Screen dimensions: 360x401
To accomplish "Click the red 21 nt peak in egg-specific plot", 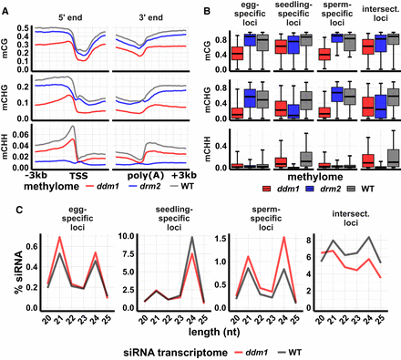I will pos(61,238).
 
